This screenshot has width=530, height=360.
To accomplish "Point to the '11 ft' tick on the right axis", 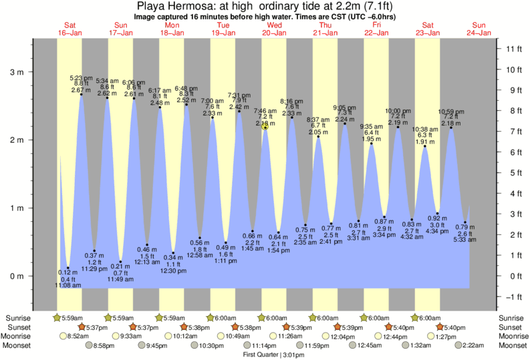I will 513,49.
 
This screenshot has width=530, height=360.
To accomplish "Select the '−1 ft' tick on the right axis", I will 513,297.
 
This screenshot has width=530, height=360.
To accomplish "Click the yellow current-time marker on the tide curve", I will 265,127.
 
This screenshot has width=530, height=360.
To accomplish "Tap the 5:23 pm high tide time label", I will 81,77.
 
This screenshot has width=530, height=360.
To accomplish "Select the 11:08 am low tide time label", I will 68,285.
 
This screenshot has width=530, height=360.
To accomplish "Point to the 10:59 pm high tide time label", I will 451,112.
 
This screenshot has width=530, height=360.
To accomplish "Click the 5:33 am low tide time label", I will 465,239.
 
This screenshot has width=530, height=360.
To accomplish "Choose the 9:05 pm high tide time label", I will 345,108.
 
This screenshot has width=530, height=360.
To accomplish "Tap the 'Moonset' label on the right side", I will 511,345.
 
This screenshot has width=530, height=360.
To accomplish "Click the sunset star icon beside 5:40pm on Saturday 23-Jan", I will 439,327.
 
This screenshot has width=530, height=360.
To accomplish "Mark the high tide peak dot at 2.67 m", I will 82,95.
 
